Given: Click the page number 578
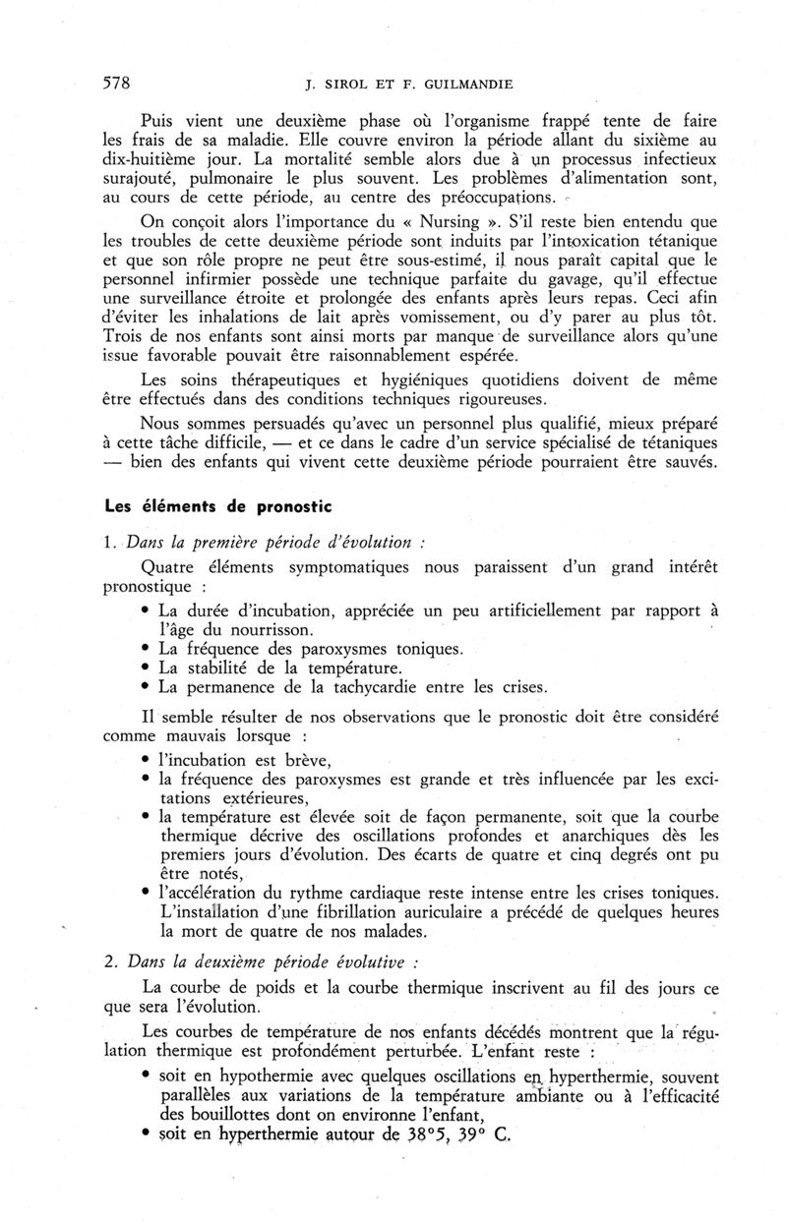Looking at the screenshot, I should pos(118,82).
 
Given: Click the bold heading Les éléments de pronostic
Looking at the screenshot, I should pos(219,507).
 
